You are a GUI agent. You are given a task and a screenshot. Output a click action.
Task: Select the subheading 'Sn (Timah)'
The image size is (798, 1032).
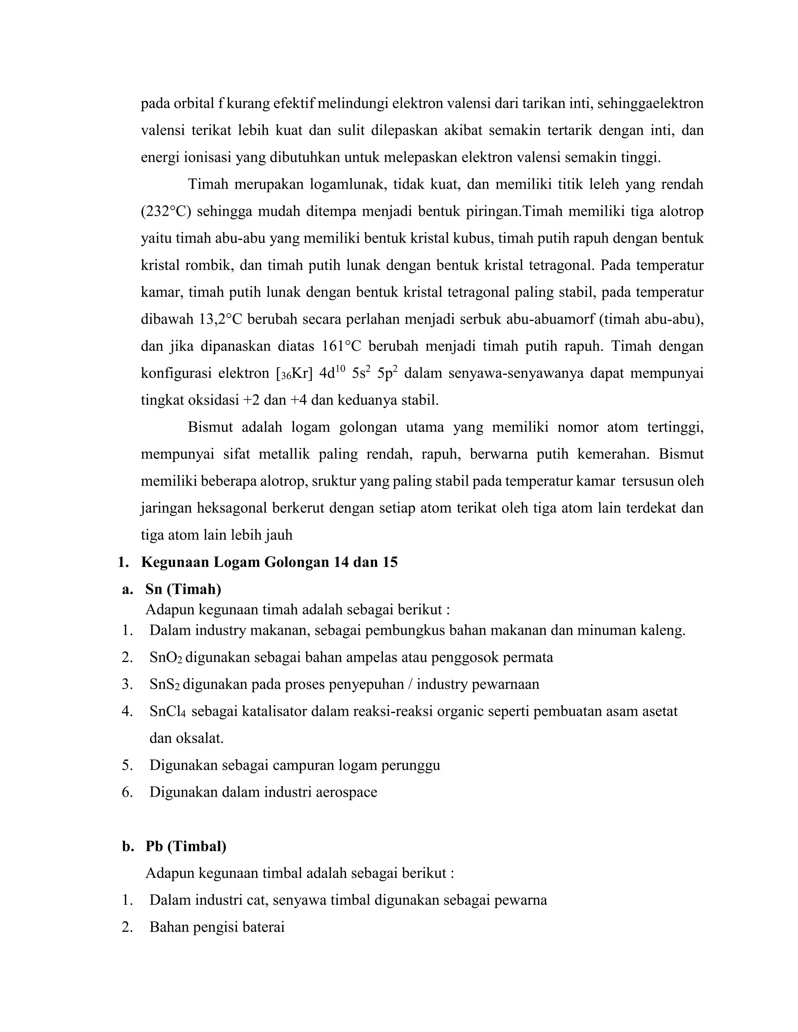183,589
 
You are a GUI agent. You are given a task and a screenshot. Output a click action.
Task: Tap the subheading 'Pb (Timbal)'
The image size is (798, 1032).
186,846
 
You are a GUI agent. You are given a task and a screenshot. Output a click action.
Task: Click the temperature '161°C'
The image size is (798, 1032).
341,346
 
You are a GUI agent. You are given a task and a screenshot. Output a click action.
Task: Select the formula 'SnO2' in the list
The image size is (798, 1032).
166,658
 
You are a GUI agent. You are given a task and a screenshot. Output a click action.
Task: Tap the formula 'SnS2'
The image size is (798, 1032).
164,685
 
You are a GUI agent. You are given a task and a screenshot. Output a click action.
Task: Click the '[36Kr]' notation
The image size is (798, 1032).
294,374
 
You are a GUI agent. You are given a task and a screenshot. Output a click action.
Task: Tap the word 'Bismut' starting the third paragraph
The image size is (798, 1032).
210,427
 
